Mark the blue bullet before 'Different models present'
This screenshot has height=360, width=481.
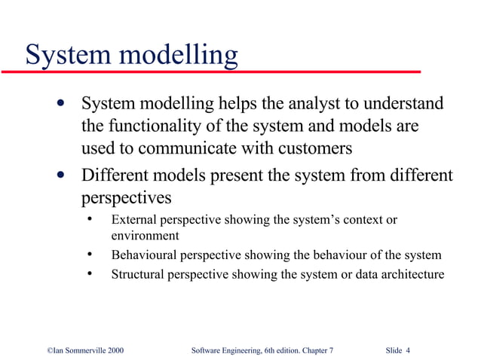[x=60, y=176]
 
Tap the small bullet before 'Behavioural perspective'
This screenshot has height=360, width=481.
[x=89, y=255]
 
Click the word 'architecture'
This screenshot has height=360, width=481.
[x=410, y=274]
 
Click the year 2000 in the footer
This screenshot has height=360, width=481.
[x=115, y=351]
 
